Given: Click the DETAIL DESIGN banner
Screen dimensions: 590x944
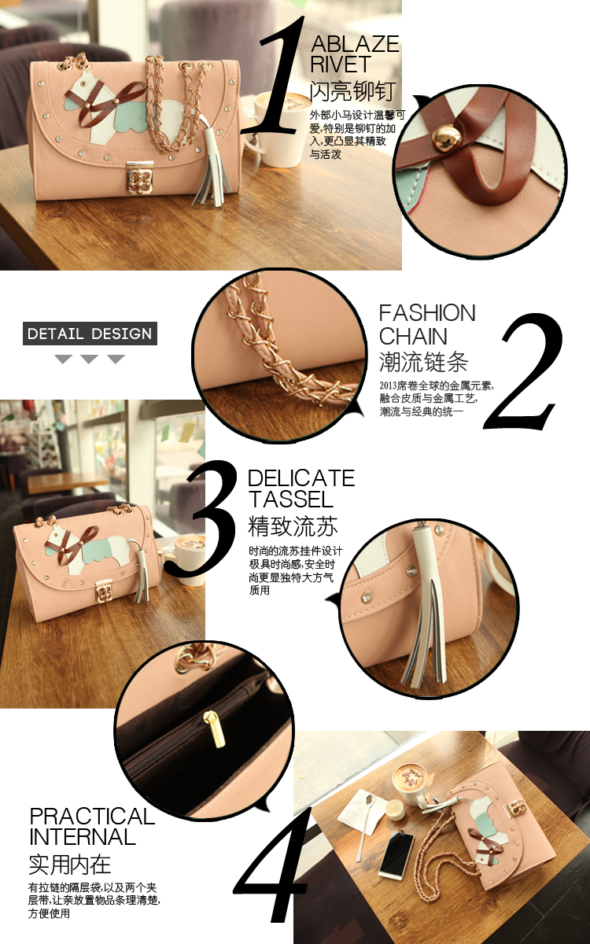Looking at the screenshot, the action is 90,334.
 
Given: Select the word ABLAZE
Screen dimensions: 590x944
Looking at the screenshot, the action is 355,44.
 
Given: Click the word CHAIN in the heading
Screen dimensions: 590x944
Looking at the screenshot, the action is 413,337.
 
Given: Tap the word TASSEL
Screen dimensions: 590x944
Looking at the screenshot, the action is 291,499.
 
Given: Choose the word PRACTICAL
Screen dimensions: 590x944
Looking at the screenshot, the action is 92,817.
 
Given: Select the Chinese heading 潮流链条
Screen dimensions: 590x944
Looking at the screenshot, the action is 423,362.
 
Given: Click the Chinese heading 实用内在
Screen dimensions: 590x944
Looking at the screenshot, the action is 70,865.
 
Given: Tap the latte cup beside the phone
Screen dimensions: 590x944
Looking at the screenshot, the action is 410,783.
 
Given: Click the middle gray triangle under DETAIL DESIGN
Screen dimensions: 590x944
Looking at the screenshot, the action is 90,359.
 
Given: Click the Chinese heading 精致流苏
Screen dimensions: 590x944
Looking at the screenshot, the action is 293,526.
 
